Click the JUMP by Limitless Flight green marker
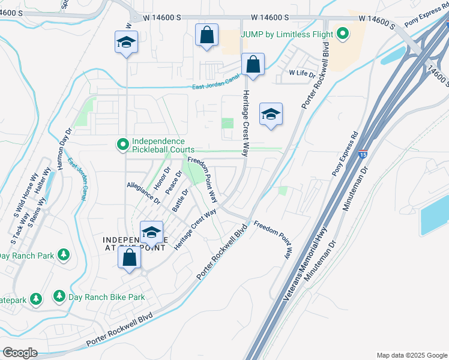point(343,34)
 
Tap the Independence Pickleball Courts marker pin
point(123,144)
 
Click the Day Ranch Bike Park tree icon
point(59,296)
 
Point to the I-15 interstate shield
point(363,154)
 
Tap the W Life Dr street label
point(302,73)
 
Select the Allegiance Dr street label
point(143,193)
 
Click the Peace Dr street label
point(173,183)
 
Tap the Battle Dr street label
point(181,200)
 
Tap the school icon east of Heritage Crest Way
point(270,113)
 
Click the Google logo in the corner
point(20,353)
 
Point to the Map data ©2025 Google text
point(411,355)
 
